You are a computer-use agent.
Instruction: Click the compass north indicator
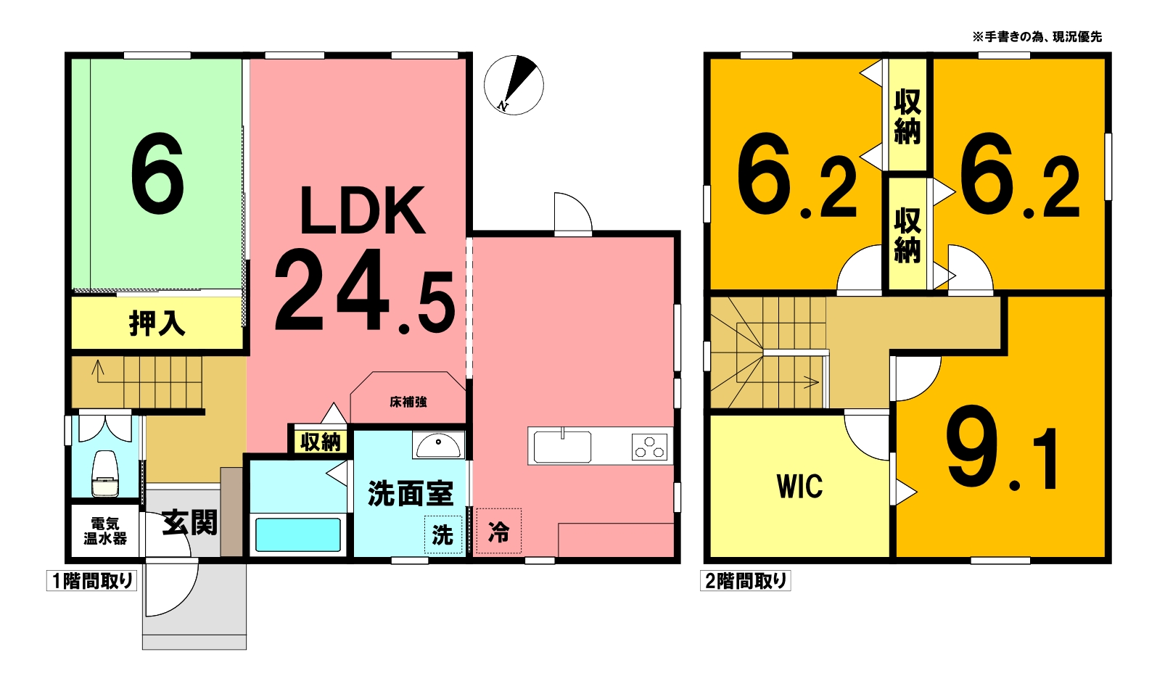point(514,85)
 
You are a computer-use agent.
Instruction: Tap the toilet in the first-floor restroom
point(105,474)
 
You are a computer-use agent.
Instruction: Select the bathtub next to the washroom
point(298,535)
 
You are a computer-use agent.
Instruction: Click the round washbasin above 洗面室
point(438,445)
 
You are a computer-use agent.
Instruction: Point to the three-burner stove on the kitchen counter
point(649,447)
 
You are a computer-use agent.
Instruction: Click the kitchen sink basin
point(562,446)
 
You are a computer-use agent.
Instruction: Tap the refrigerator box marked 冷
point(498,531)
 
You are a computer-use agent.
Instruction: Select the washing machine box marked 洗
point(443,535)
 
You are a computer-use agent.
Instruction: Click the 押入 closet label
point(157,323)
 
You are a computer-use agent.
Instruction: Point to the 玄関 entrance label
point(189,522)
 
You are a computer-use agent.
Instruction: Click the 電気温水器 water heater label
point(105,531)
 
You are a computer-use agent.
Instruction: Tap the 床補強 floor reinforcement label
point(408,402)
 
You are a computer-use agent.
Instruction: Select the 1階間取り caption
point(92,581)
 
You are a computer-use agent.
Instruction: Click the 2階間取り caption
point(745,581)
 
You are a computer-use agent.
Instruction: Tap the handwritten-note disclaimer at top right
point(1037,37)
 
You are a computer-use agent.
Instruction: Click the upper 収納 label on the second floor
point(907,117)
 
